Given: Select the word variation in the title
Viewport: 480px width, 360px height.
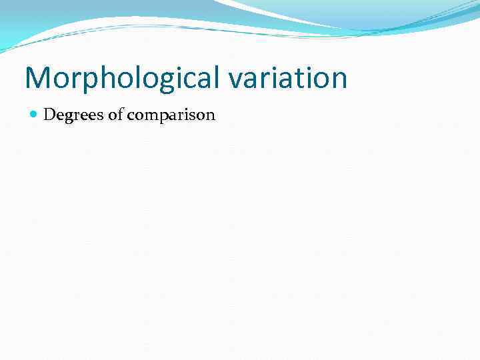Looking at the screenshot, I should tap(288, 78).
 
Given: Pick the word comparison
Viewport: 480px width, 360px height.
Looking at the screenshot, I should tap(171, 115).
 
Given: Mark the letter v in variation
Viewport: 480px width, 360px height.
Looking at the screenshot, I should tap(235, 80).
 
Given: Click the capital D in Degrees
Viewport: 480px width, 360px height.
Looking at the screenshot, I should tap(49, 115).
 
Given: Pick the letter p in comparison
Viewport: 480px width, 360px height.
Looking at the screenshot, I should tap(163, 117).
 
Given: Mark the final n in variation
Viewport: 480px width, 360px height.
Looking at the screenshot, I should tap(339, 80).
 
